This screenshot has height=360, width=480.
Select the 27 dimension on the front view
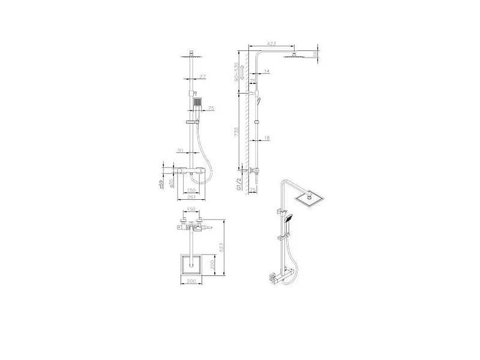click(x=202, y=77)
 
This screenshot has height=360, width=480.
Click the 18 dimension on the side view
click(x=266, y=138)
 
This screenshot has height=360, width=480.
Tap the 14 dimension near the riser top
click(x=266, y=71)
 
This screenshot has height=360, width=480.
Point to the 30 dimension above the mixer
click(x=180, y=151)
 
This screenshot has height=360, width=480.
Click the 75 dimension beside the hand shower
click(x=211, y=109)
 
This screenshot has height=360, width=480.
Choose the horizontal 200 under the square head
click(x=191, y=281)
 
